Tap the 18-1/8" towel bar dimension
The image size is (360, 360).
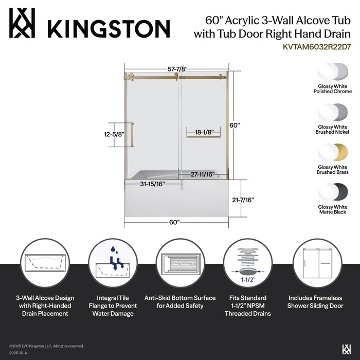point(204,132)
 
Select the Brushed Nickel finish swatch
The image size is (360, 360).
point(333,113)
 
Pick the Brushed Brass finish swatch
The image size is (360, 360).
point(333,153)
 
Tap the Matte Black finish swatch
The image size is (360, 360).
point(333,193)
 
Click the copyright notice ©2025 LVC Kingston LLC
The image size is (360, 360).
point(46,346)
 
